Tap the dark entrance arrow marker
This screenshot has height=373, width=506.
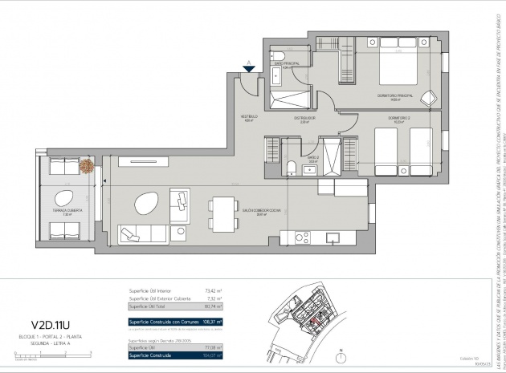[250, 68]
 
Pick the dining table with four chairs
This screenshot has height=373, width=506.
[198, 214]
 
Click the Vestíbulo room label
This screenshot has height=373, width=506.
[249, 119]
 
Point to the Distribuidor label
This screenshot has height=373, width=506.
[304, 120]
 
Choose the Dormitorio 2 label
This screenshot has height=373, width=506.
[399, 120]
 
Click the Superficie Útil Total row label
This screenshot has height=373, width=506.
[149, 306]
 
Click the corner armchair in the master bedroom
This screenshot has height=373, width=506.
[426, 97]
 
